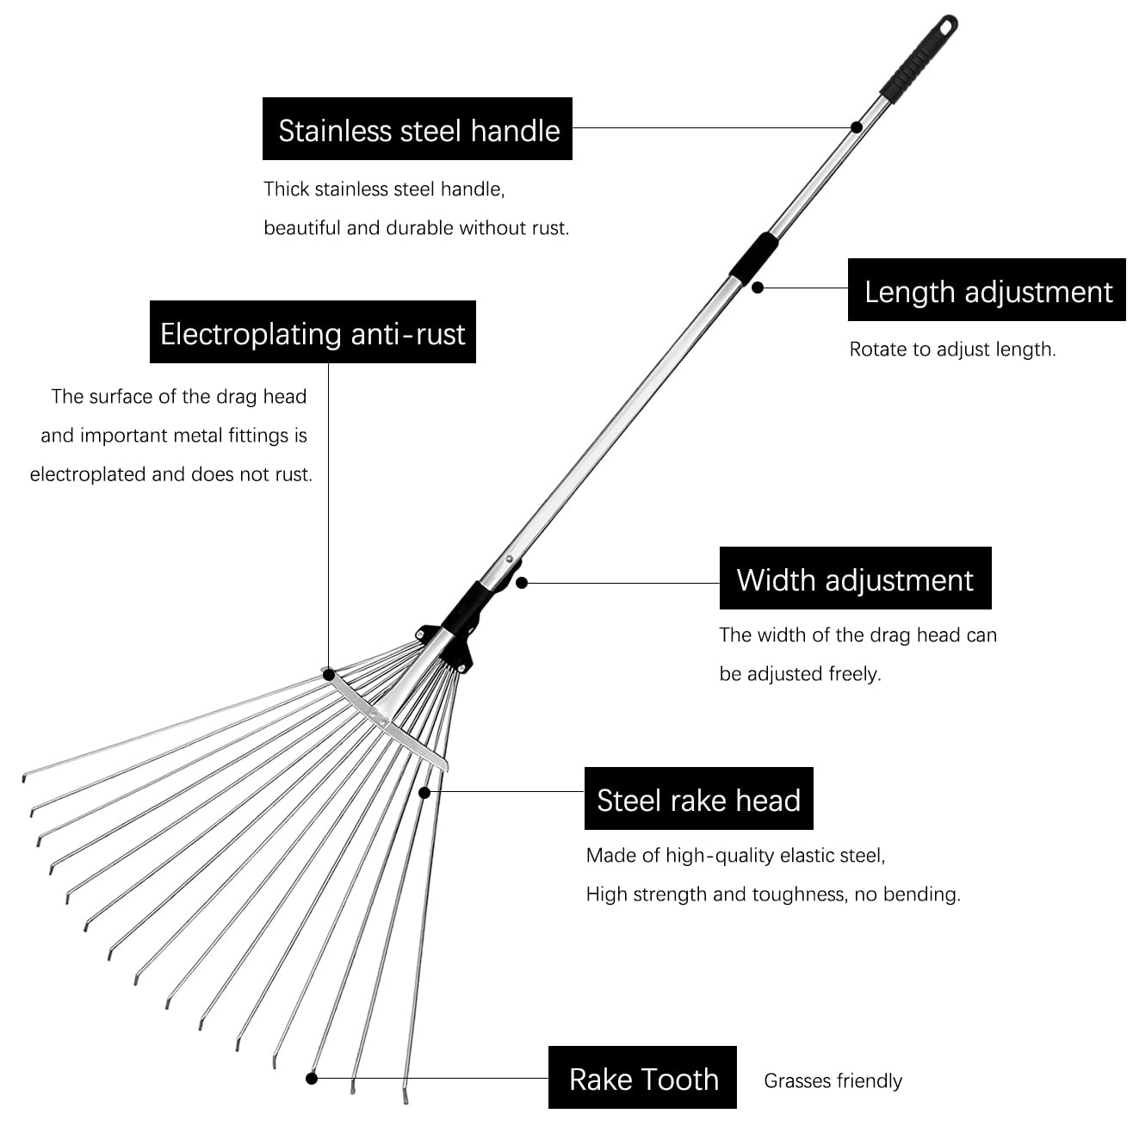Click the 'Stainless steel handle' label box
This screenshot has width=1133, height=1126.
pyautogui.click(x=418, y=129)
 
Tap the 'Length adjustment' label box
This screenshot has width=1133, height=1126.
pyautogui.click(x=987, y=290)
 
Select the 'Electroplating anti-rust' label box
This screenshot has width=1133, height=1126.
pyautogui.click(x=313, y=332)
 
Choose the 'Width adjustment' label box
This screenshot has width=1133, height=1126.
pyautogui.click(x=855, y=578)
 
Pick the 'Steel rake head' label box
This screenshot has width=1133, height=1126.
pyautogui.click(x=698, y=799)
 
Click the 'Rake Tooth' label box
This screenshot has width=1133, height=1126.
pyautogui.click(x=642, y=1078)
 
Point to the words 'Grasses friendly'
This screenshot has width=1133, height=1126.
pyautogui.click(x=833, y=1080)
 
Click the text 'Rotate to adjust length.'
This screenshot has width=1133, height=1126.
pyautogui.click(x=952, y=349)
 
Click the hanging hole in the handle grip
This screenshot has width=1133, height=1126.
pyautogui.click(x=946, y=27)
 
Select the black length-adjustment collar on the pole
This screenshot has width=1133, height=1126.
pyautogui.click(x=753, y=257)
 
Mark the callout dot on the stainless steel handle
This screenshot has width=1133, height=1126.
pyautogui.click(x=857, y=127)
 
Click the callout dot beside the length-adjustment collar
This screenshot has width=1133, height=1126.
pyautogui.click(x=758, y=288)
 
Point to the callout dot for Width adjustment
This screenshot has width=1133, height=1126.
pyautogui.click(x=522, y=583)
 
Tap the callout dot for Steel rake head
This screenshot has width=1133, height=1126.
pyautogui.click(x=424, y=792)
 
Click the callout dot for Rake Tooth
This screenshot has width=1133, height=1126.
pyautogui.click(x=312, y=1078)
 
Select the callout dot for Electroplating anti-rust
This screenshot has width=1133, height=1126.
pyautogui.click(x=328, y=676)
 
